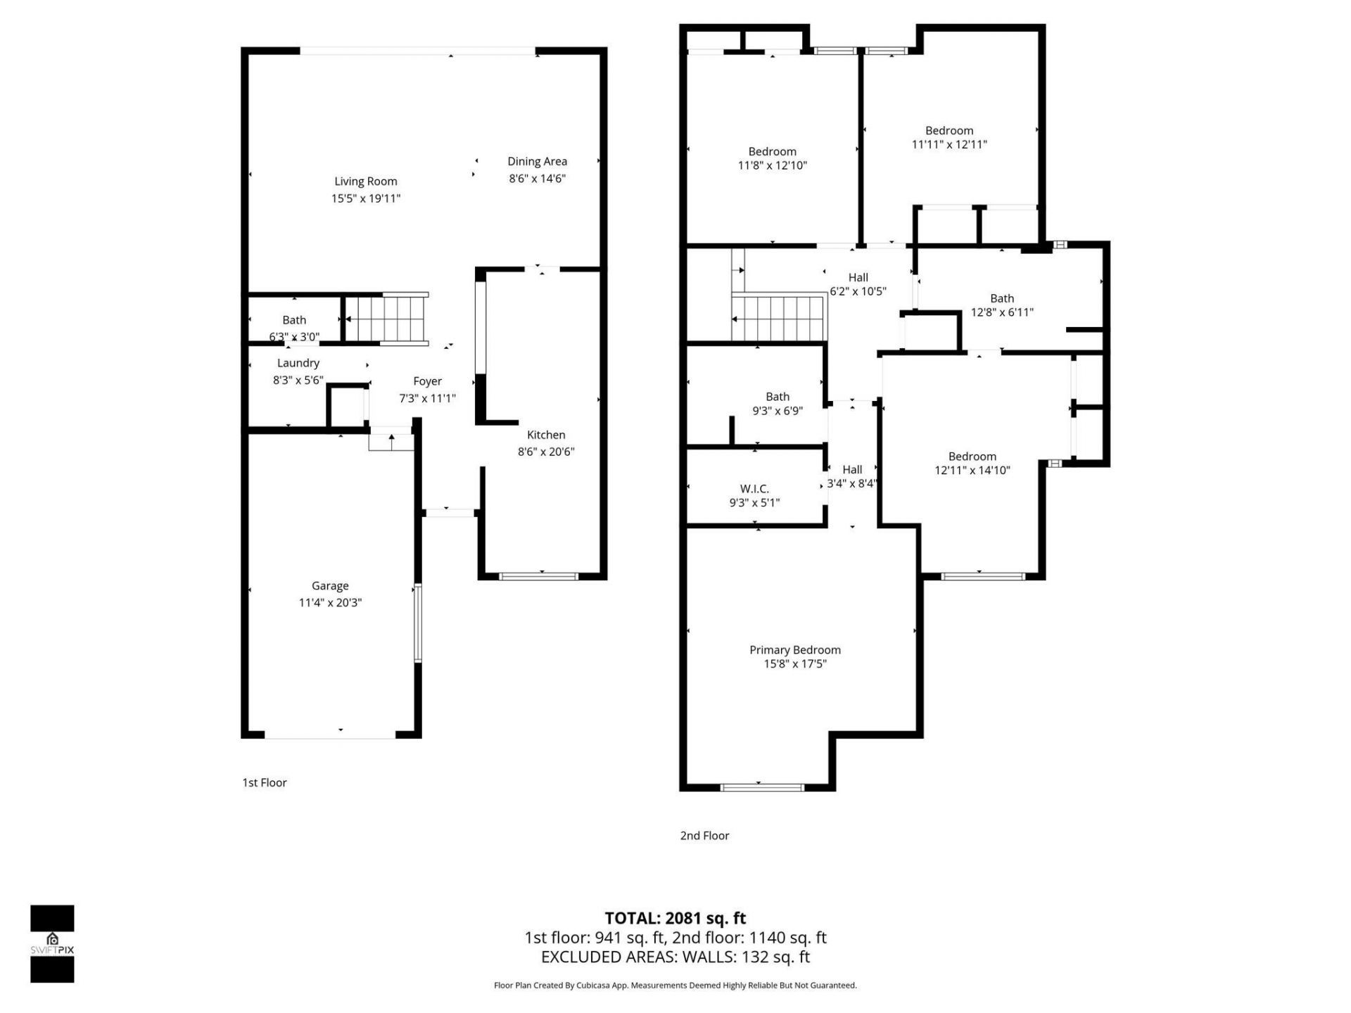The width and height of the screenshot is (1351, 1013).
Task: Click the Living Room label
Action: click(x=365, y=181)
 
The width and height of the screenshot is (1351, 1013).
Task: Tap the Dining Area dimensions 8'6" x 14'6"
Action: click(x=537, y=179)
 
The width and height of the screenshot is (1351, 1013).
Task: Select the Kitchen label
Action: click(x=546, y=435)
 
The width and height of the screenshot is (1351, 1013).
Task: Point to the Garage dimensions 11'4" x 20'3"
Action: click(x=330, y=603)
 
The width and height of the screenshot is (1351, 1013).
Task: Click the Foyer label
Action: click(x=427, y=381)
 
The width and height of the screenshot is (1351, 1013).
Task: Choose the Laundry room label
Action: click(x=298, y=363)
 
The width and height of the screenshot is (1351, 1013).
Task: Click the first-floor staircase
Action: click(x=388, y=319)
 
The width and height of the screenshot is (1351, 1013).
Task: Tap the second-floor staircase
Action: click(x=778, y=319)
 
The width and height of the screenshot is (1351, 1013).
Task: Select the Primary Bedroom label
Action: click(x=794, y=650)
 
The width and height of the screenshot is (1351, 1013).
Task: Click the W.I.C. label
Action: click(x=754, y=488)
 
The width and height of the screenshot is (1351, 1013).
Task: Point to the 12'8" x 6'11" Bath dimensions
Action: click(x=1002, y=312)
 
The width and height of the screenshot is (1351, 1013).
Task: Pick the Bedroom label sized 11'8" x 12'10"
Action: click(x=772, y=152)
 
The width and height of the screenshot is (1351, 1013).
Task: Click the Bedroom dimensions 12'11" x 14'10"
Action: click(x=972, y=471)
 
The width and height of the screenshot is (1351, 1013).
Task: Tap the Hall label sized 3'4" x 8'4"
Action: click(x=852, y=469)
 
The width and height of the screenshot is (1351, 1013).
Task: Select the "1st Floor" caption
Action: click(x=265, y=782)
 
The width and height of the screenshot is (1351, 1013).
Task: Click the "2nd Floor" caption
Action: click(x=704, y=836)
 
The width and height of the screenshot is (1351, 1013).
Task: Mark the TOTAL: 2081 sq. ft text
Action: click(x=675, y=918)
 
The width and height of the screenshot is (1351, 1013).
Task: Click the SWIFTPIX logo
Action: click(x=52, y=943)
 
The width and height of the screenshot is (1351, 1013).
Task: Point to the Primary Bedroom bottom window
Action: click(x=763, y=786)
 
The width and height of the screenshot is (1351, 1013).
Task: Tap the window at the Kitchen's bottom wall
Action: click(x=538, y=577)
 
